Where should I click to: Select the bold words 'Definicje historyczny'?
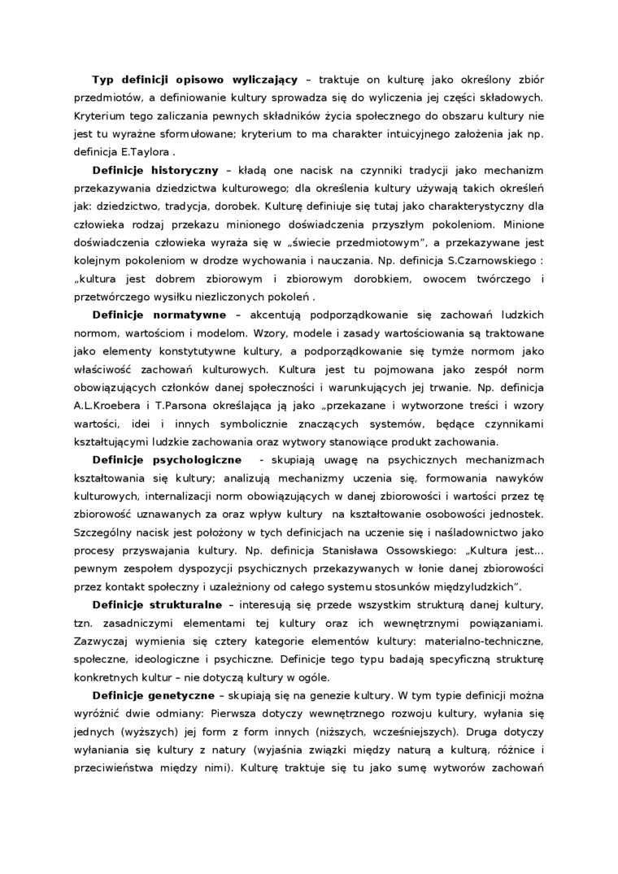coord(154,170)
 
